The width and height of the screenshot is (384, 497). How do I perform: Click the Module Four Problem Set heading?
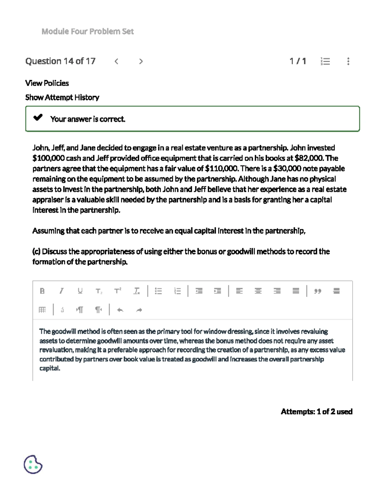pyautogui.click(x=87, y=31)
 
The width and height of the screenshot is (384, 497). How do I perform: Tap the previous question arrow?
pyautogui.click(x=116, y=61)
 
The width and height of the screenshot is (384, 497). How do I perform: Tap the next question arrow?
pyautogui.click(x=141, y=61)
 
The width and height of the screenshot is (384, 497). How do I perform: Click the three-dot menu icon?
pyautogui.click(x=348, y=61)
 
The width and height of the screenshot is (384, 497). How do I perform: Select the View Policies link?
pyautogui.click(x=47, y=83)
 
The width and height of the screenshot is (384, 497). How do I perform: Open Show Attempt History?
pyautogui.click(x=62, y=97)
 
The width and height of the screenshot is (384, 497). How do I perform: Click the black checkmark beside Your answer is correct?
pyautogui.click(x=38, y=118)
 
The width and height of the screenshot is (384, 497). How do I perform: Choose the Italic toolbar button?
pyautogui.click(x=61, y=291)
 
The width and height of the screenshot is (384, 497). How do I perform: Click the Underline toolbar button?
pyautogui.click(x=80, y=291)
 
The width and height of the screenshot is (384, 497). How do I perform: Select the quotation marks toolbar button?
pyautogui.click(x=317, y=291)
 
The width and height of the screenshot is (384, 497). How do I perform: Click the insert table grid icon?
pyautogui.click(x=42, y=310)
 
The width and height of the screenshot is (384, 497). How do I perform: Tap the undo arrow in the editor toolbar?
pyautogui.click(x=120, y=310)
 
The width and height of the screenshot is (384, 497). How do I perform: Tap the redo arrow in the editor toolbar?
pyautogui.click(x=139, y=310)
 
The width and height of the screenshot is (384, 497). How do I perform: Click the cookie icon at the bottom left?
pyautogui.click(x=33, y=464)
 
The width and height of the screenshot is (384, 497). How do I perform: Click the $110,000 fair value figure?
pyautogui.click(x=221, y=168)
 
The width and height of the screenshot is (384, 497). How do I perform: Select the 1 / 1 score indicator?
pyautogui.click(x=298, y=61)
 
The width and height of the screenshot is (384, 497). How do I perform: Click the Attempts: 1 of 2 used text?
pyautogui.click(x=316, y=412)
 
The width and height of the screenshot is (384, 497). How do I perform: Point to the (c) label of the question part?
pyautogui.click(x=36, y=252)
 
